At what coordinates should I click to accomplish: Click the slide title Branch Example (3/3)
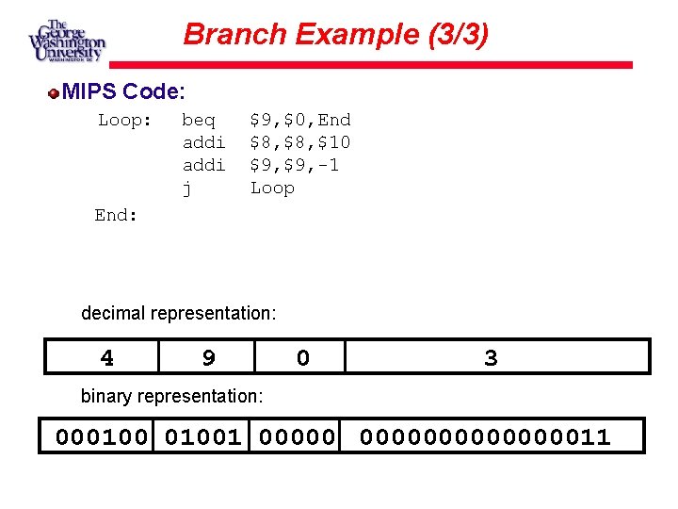[x=336, y=35]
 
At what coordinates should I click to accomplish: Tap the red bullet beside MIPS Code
[x=56, y=92]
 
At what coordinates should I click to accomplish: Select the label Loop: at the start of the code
[x=125, y=120]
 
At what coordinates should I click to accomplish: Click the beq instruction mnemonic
[x=198, y=120]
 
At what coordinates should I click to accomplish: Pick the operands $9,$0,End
[x=299, y=120]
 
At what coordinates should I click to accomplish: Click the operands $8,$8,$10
[x=299, y=142]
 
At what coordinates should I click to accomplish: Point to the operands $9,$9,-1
[x=294, y=165]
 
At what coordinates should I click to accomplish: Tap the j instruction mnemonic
[x=186, y=188]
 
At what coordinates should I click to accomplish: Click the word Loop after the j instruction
[x=272, y=188]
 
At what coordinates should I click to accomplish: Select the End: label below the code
[x=117, y=215]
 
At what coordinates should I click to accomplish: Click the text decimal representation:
[x=179, y=313]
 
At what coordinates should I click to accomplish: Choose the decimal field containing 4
[x=107, y=357]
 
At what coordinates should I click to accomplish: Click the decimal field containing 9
[x=208, y=357]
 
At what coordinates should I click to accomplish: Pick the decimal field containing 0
[x=302, y=357]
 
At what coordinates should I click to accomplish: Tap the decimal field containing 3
[x=491, y=357]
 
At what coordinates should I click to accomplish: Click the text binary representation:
[x=171, y=396]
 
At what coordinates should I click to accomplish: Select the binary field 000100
[x=102, y=436]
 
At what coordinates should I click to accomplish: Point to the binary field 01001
[x=202, y=436]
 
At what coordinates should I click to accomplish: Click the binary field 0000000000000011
[x=486, y=436]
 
